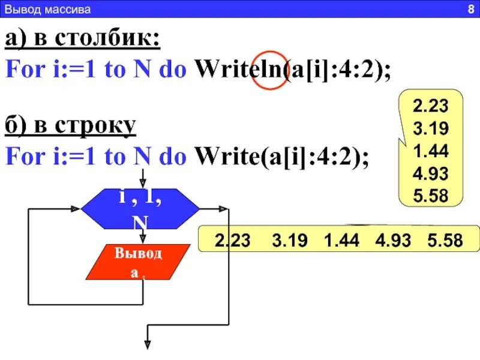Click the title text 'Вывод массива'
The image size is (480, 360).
click(47, 10)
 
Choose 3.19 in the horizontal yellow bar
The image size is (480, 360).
click(290, 241)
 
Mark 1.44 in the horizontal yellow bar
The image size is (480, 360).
click(341, 241)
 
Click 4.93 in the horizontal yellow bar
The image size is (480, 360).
click(393, 241)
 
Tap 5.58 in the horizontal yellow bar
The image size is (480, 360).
click(445, 241)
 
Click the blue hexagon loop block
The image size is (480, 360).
click(140, 209)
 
